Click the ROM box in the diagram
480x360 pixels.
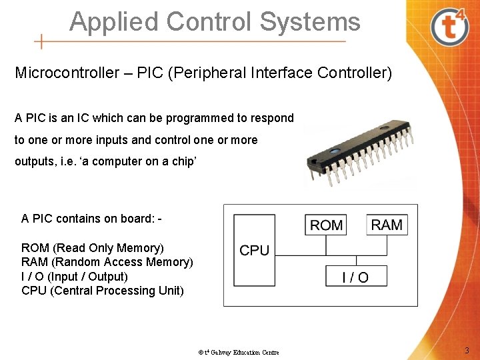(x=326, y=225)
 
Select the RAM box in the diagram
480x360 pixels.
(x=387, y=225)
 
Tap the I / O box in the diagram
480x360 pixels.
(x=355, y=276)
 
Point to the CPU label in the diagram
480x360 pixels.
(x=254, y=250)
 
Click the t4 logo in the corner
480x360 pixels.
(x=451, y=25)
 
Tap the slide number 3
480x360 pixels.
(x=467, y=351)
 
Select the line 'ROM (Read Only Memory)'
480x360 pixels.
(x=92, y=248)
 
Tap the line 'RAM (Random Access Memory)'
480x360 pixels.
(x=107, y=262)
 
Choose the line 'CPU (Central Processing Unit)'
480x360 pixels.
(x=102, y=291)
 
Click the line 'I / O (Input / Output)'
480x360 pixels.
(x=74, y=276)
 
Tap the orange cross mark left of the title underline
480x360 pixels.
(x=41, y=42)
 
